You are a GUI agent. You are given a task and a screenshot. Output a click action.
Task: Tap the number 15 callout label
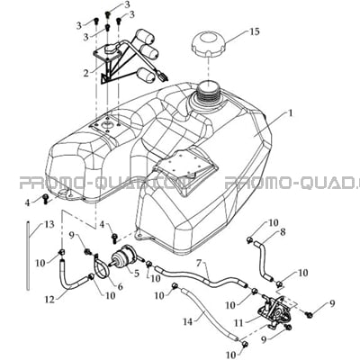pyautogui.click(x=254, y=31)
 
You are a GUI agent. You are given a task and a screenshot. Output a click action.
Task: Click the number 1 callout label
pyautogui.click(x=290, y=113)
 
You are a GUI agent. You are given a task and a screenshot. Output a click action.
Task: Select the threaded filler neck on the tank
pyautogui.click(x=208, y=91)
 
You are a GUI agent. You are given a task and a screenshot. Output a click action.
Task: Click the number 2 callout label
pyautogui.click(x=86, y=73)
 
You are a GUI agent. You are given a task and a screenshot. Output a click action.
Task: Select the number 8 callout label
pyautogui.click(x=283, y=232)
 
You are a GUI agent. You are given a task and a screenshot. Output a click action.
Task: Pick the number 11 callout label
pyautogui.click(x=239, y=323)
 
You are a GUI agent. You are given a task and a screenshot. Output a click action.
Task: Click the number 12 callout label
pyautogui.click(x=49, y=299)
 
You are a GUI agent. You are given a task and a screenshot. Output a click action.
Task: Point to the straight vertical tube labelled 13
pyautogui.click(x=28, y=256)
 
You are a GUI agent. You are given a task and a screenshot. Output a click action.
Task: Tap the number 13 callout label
pyautogui.click(x=49, y=224)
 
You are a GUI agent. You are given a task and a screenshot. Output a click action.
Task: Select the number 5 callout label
pyautogui.click(x=137, y=274)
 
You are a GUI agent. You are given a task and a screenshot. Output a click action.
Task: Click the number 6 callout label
pyautogui.click(x=120, y=287)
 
